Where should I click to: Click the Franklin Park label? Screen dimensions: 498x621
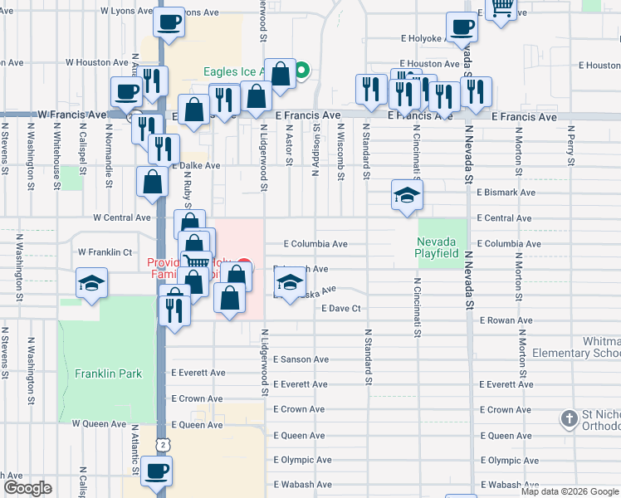pyautogui.click(x=108, y=373)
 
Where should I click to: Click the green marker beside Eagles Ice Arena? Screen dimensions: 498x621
pyautogui.click(x=303, y=71)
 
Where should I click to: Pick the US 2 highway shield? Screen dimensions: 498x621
pyautogui.click(x=163, y=445)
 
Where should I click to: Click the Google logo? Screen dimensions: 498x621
pyautogui.click(x=27, y=488)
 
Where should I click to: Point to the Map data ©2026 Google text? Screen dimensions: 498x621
pyautogui.click(x=570, y=491)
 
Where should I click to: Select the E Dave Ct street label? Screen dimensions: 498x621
pyautogui.click(x=342, y=309)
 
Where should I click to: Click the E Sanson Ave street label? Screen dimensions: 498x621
pyautogui.click(x=301, y=359)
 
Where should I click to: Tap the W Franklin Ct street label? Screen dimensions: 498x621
pyautogui.click(x=105, y=251)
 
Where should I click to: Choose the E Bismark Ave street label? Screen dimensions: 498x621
pyautogui.click(x=506, y=193)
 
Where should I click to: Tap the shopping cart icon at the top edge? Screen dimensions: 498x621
pyautogui.click(x=501, y=8)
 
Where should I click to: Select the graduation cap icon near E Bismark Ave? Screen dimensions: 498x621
pyautogui.click(x=407, y=196)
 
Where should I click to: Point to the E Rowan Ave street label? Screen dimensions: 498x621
pyautogui.click(x=506, y=320)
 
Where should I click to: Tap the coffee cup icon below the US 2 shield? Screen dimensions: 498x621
pyautogui.click(x=155, y=471)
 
